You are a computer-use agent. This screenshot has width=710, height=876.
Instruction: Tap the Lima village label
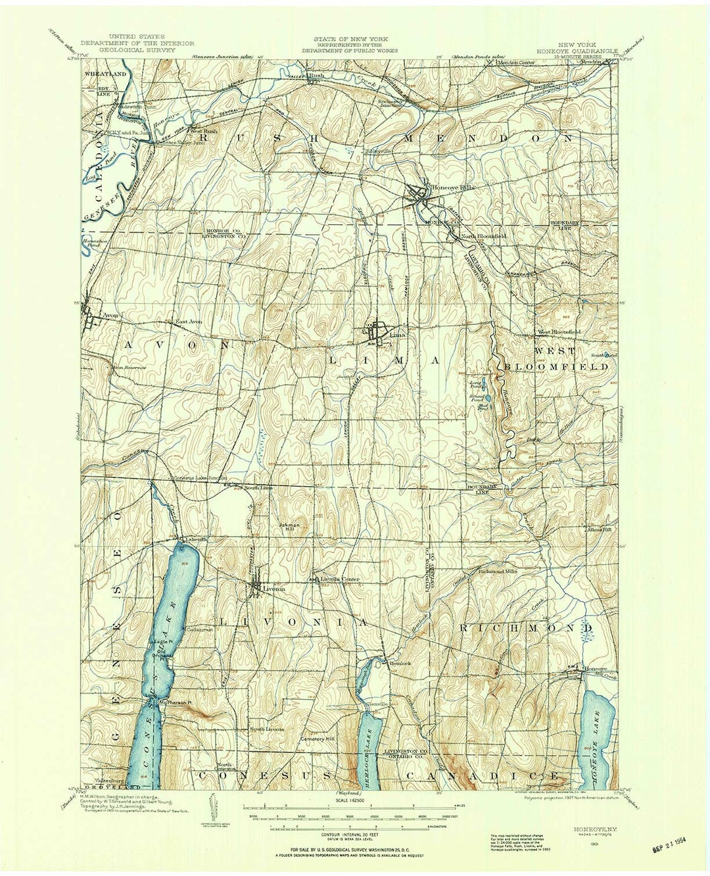[398, 334]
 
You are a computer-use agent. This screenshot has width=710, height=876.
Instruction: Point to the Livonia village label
[274, 589]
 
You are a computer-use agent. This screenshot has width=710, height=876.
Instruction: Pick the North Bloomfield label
[483, 235]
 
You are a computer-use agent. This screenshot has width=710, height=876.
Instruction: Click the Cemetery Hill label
[318, 738]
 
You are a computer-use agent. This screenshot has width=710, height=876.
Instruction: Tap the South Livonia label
[266, 729]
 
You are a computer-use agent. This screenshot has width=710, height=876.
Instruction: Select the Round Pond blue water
[487, 398]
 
